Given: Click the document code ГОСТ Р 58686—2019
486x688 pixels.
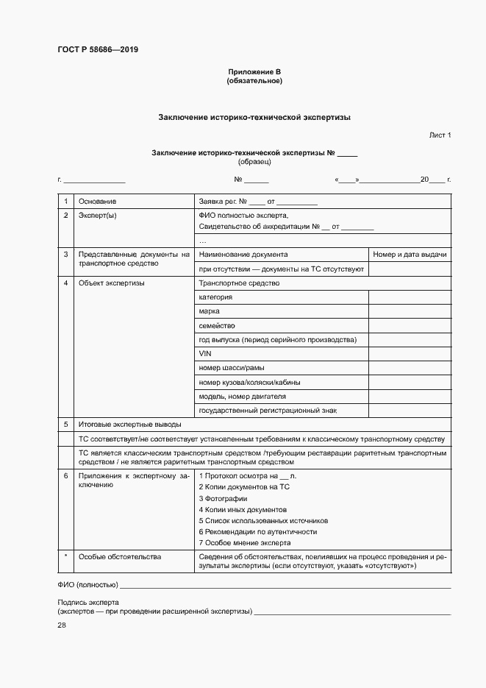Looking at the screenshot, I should (x=98, y=50).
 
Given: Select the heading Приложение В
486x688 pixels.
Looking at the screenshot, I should (x=254, y=72).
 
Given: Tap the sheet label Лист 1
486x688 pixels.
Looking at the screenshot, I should (x=440, y=135).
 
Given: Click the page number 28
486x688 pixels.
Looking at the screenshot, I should (x=62, y=625).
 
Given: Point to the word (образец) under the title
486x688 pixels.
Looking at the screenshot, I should (x=254, y=161).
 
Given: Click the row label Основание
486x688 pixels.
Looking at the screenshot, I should (x=97, y=201).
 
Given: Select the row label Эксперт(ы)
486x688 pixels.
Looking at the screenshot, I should (x=98, y=216).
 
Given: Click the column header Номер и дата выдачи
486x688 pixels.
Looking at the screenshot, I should (x=410, y=255).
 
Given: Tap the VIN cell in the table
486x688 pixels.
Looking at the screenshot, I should (x=205, y=354).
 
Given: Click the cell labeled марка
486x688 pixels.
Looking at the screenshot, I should (x=209, y=311).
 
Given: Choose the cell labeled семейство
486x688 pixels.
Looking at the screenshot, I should (x=216, y=325).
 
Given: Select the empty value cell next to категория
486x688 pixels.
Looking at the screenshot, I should (x=409, y=297).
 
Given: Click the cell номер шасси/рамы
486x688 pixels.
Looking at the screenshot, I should (x=232, y=368).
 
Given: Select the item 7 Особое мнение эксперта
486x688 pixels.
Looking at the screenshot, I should (x=245, y=542).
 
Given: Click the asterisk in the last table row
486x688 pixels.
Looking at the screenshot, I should (x=65, y=557).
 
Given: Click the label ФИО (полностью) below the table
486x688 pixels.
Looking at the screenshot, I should (x=87, y=585).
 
